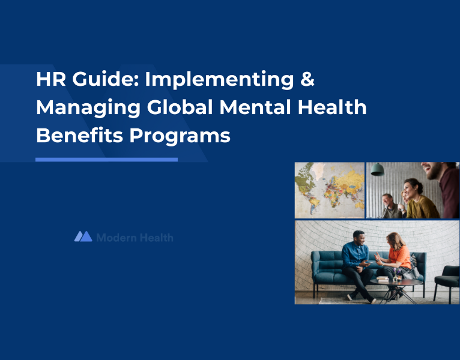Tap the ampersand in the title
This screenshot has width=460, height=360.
[306, 79]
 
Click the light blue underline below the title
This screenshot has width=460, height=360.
[106, 160]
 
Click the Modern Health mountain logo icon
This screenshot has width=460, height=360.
[83, 236]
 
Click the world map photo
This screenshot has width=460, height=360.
[329, 190]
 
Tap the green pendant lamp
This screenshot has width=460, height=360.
[378, 170]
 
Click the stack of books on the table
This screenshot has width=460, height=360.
[383, 279]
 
